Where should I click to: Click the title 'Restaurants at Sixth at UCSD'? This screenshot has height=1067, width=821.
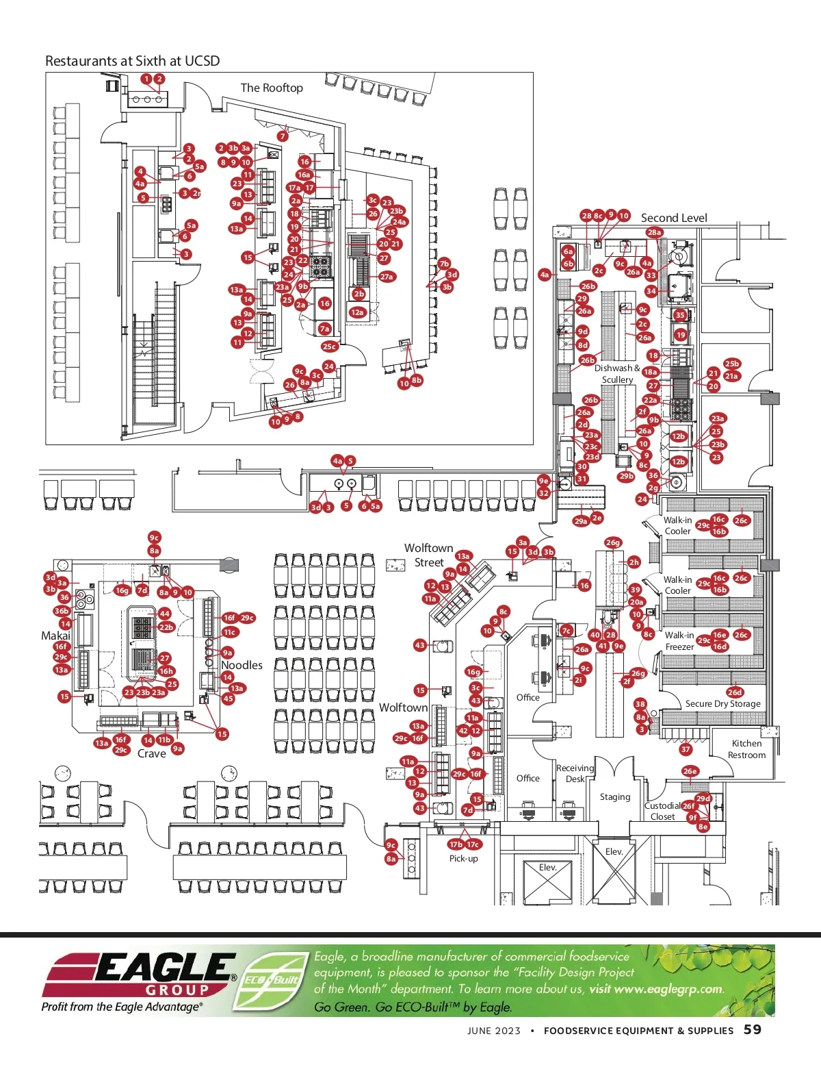[x=132, y=61]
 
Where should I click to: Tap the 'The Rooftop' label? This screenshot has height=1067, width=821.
[x=272, y=88]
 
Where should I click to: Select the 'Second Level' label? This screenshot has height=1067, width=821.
[x=674, y=218]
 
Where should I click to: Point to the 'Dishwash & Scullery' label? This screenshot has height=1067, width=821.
[x=617, y=374]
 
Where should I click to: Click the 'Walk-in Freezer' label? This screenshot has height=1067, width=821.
[x=679, y=641]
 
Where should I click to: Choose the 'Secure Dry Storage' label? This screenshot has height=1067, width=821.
[x=722, y=703]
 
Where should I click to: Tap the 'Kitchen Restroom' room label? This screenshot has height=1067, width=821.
[x=746, y=749]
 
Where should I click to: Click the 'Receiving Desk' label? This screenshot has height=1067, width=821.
[x=575, y=773]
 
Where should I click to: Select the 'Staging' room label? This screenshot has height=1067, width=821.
[x=615, y=797]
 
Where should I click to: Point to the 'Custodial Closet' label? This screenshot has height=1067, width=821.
[x=662, y=811]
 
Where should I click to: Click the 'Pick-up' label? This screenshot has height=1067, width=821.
[x=463, y=859]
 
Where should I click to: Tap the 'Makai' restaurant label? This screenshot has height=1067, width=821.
[x=55, y=636]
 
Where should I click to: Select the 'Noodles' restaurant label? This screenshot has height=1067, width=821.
[x=242, y=665]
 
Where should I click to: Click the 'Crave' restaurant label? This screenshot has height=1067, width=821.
[x=151, y=753]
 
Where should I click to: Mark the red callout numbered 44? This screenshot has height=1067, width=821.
[x=164, y=614]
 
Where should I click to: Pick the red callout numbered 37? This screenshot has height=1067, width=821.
[x=686, y=749]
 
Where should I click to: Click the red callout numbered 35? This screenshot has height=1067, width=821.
[x=679, y=315]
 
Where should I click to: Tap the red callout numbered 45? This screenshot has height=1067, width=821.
[x=228, y=699]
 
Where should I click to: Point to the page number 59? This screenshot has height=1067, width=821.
[x=753, y=1029]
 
